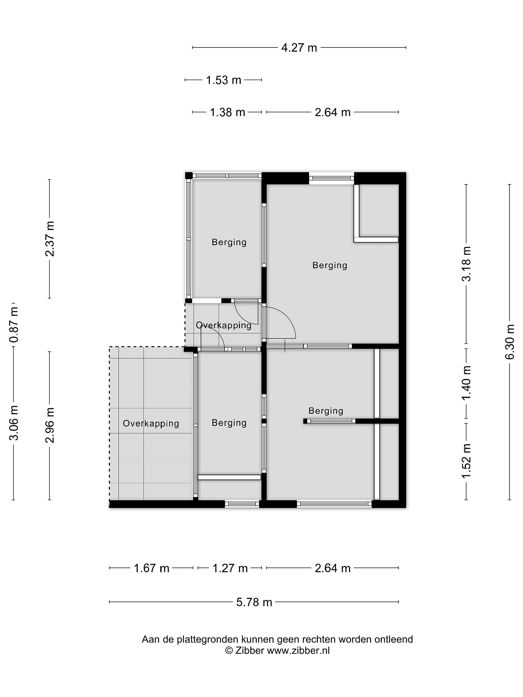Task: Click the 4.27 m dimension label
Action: pyautogui.click(x=299, y=48)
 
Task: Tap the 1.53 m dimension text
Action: pyautogui.click(x=223, y=80)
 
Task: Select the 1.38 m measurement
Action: pyautogui.click(x=228, y=112)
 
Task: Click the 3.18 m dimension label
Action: pyautogui.click(x=466, y=264)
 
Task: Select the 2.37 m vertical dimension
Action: pyautogui.click(x=49, y=239)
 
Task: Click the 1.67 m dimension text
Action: pyautogui.click(x=152, y=568)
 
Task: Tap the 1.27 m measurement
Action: pyautogui.click(x=230, y=568)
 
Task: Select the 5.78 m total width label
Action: pyautogui.click(x=254, y=602)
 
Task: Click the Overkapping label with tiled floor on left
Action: pyautogui.click(x=151, y=423)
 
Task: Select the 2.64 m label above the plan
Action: pyautogui.click(x=333, y=112)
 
